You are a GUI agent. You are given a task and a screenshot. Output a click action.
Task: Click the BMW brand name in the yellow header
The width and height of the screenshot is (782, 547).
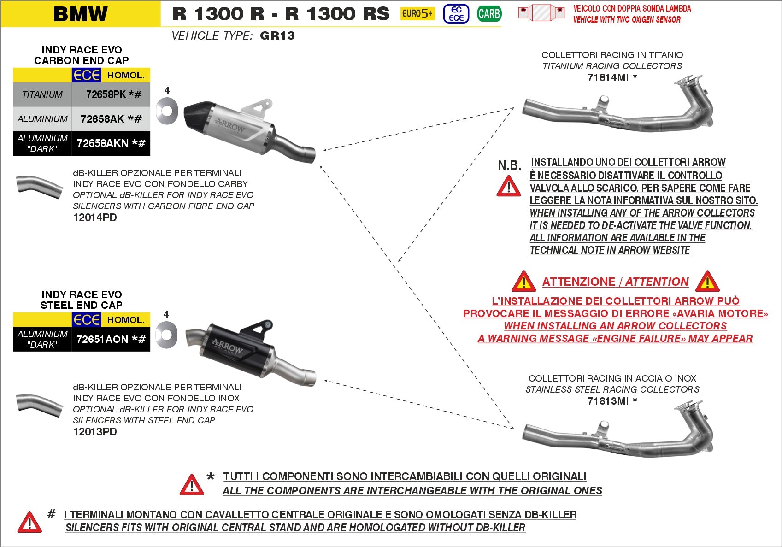point(81,14)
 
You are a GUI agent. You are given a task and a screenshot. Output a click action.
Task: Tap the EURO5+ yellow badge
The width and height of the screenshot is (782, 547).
point(417,14)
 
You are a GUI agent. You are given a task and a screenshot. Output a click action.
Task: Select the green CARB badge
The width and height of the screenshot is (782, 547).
point(489,14)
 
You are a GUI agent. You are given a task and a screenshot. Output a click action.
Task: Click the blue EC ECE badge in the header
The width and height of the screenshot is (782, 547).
point(456,14)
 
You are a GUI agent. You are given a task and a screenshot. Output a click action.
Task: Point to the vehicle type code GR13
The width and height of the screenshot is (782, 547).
point(277,35)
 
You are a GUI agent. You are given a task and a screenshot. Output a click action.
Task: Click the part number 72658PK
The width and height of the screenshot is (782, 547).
point(106,94)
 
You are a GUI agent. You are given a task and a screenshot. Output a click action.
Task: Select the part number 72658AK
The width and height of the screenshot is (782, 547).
point(102,119)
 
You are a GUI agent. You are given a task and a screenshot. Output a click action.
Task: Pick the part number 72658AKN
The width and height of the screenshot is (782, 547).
point(103,143)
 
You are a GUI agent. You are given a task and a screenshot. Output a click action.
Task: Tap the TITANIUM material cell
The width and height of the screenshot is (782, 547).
point(42,94)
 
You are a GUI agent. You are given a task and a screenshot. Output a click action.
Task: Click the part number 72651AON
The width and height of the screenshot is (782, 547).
point(102,339)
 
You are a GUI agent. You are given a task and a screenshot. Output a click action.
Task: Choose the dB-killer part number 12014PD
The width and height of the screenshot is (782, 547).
point(95,218)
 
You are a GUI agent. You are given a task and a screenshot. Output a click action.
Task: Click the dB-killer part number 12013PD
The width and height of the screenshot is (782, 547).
point(95,432)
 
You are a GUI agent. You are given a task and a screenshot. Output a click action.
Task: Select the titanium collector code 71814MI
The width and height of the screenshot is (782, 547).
point(608,77)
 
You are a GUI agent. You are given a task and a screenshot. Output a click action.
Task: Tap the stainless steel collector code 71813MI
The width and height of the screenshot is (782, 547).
point(608,401)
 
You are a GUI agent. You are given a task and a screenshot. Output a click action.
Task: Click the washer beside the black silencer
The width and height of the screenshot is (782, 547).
point(166,335)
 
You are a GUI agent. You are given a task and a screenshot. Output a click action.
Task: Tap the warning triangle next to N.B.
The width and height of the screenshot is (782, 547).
point(509,186)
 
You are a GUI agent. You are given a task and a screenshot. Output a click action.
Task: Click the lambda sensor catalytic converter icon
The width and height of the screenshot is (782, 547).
point(541,13)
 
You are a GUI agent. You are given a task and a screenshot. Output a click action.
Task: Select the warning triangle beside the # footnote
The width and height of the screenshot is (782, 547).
point(29,522)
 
